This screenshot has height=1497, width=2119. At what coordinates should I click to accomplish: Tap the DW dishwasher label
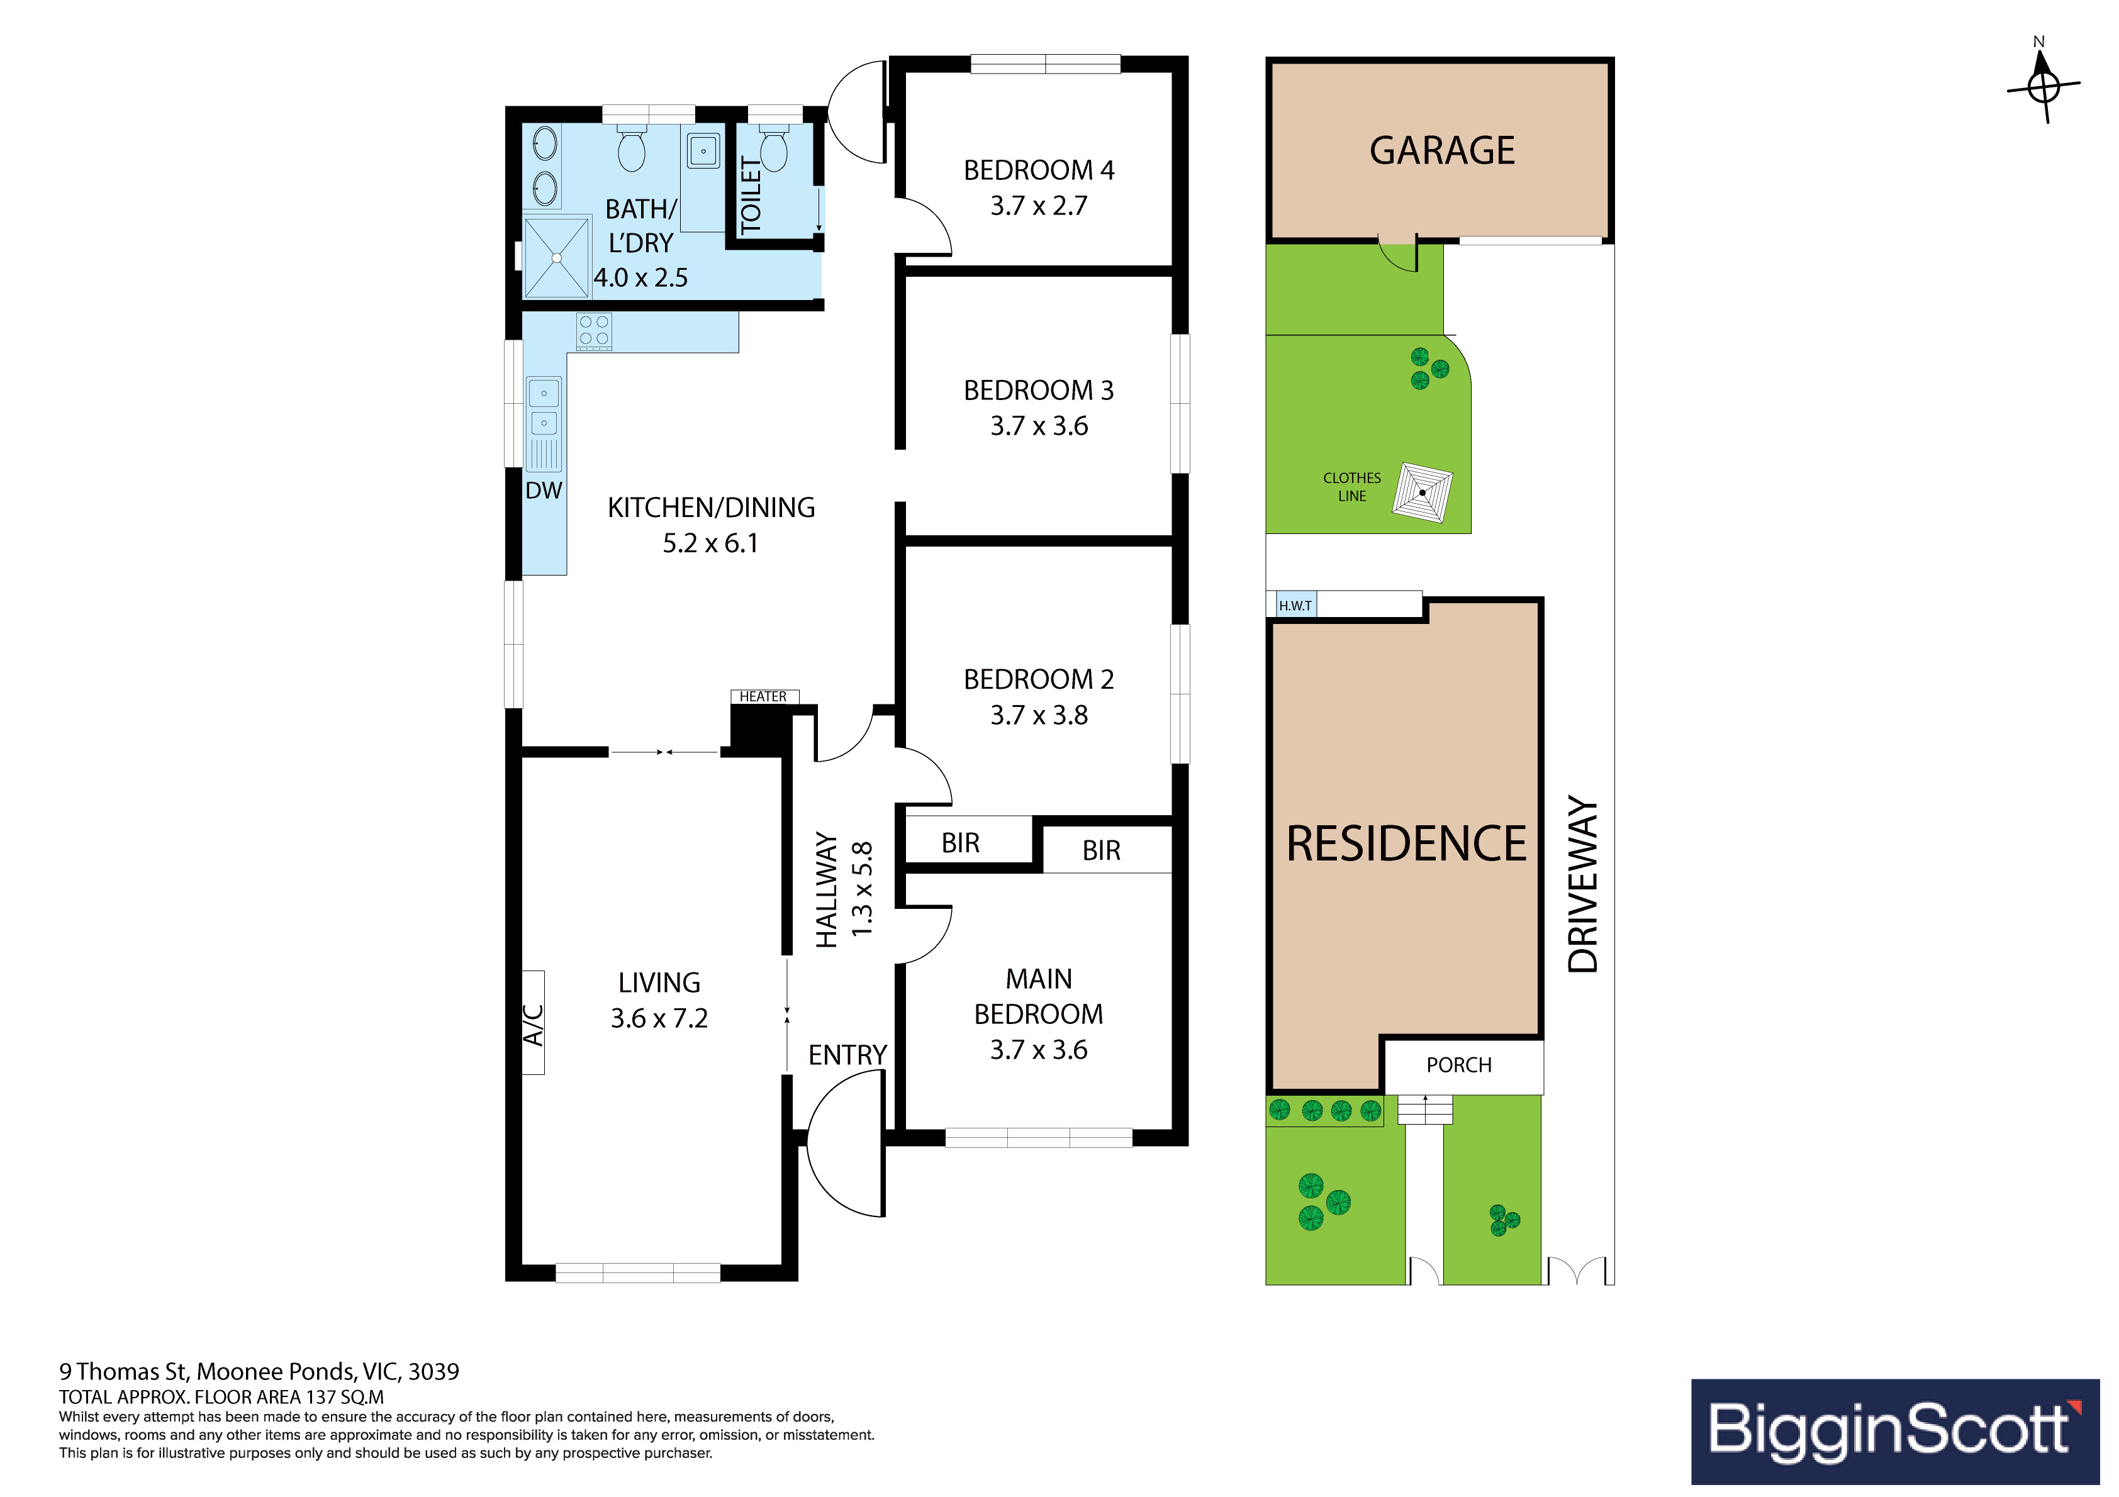544,490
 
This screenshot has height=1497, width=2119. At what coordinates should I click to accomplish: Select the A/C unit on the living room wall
534,1023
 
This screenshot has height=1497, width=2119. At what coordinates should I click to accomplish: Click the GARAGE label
1441,150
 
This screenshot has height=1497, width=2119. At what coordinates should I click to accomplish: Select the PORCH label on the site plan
1458,1065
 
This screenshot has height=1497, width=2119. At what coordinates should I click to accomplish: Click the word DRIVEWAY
1583,884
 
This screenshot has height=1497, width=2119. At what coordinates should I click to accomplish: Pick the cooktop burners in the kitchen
593,332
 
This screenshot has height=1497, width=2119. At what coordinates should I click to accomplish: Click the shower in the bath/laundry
557,257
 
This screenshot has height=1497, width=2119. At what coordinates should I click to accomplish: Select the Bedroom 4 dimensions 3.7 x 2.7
1039,206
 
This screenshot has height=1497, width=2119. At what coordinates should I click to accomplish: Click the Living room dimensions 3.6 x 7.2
659,1018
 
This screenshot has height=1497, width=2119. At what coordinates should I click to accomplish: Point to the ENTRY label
847,1055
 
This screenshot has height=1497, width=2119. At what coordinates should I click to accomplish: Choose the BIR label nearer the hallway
961,843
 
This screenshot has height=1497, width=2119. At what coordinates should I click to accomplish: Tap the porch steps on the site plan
1425,1110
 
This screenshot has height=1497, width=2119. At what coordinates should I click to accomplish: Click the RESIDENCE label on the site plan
1407,843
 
